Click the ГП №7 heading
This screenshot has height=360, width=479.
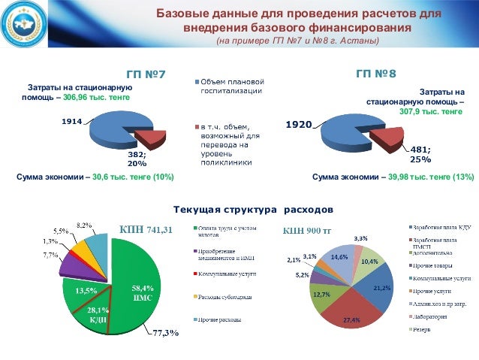pyautogui.click(x=145, y=75)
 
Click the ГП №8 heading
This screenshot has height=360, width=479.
pyautogui.click(x=375, y=74)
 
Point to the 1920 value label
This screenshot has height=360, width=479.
pyautogui.click(x=298, y=124)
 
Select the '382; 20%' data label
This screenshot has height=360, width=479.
pyautogui.click(x=137, y=158)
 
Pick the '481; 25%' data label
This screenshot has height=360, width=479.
pyautogui.click(x=420, y=154)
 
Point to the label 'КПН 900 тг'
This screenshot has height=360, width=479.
pyautogui.click(x=301, y=230)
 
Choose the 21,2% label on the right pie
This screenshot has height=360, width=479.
pyautogui.click(x=382, y=287)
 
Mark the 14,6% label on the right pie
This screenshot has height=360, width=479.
pyautogui.click(x=339, y=256)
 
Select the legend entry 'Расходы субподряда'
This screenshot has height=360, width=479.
pyautogui.click(x=222, y=297)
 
